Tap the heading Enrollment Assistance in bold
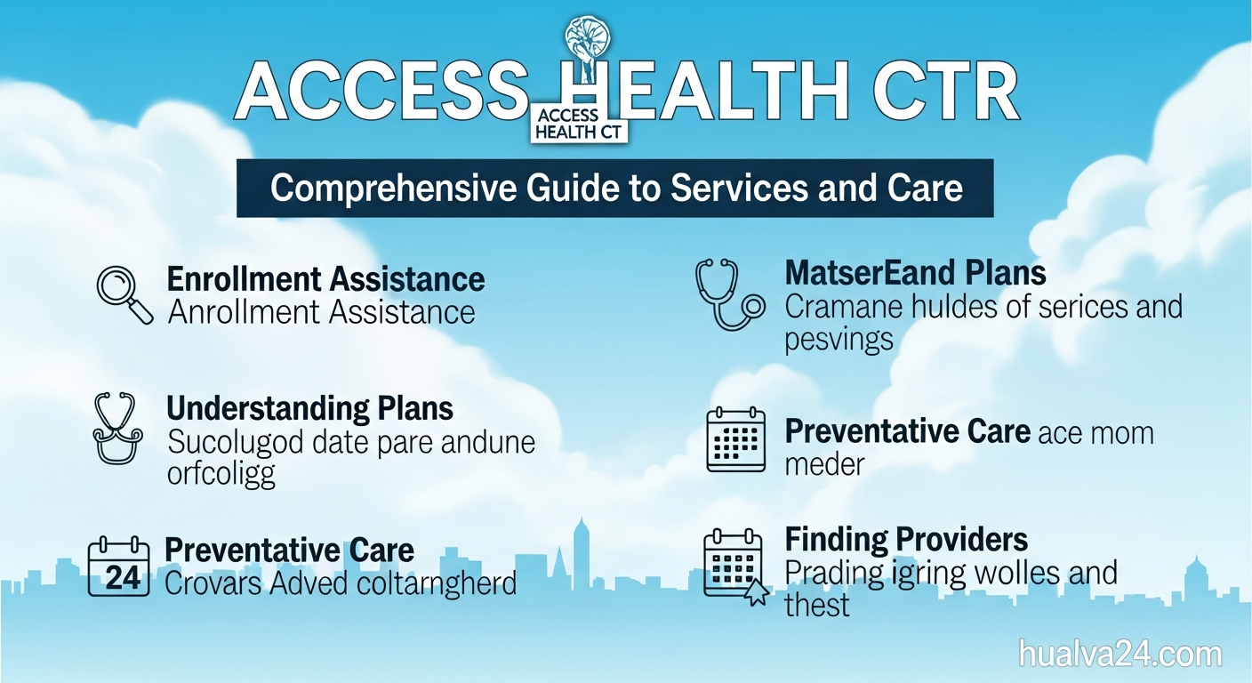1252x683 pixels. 325,279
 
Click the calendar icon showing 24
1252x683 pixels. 118,566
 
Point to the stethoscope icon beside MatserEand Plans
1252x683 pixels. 728,293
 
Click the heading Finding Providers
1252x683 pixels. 906,539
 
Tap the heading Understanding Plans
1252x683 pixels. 309,409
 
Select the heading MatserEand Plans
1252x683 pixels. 915,272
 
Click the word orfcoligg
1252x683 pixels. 221,473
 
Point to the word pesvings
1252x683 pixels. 839,341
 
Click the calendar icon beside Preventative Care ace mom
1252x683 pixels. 735,439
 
